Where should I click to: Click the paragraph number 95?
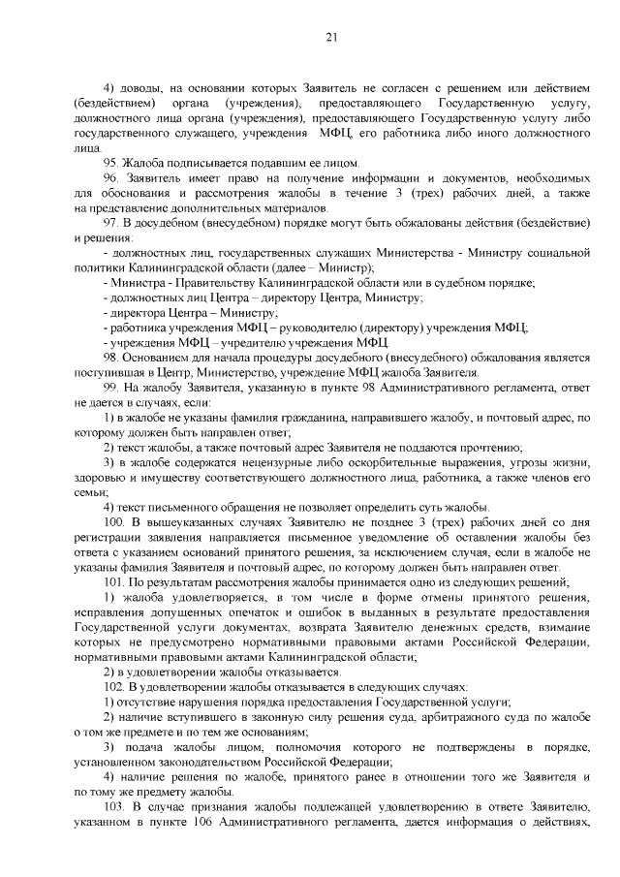tap(111, 163)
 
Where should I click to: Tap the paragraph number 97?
tap(111, 222)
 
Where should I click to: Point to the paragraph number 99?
tap(111, 387)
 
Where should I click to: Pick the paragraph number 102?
tap(114, 685)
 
